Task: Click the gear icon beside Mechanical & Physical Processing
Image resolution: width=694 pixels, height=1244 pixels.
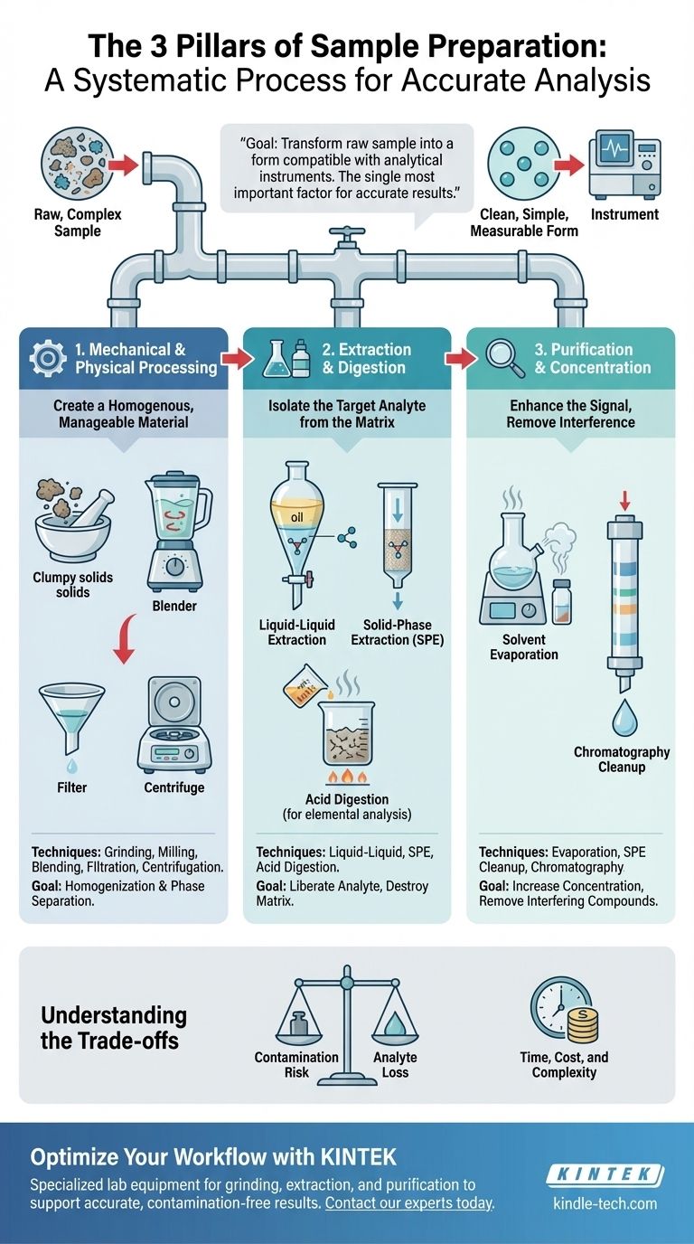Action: point(48,358)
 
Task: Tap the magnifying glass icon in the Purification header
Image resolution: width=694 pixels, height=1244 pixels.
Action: point(504,358)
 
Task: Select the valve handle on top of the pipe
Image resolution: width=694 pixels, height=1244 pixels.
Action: point(346,231)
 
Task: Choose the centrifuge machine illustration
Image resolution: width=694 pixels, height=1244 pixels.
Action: point(174,724)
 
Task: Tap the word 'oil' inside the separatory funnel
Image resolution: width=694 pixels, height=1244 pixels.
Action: point(297,517)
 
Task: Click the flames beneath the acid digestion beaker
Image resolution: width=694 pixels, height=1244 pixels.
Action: point(347,776)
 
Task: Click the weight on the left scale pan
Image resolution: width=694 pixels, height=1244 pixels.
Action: point(300,1020)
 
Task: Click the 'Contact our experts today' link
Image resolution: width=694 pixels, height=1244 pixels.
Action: point(409,1203)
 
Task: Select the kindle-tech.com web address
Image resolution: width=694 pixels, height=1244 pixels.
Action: point(605,1203)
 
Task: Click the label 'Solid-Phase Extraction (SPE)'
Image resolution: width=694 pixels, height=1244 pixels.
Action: point(398,632)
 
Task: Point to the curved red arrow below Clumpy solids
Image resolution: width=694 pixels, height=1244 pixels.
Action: point(125,638)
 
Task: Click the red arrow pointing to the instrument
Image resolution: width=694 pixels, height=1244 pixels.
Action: point(569,165)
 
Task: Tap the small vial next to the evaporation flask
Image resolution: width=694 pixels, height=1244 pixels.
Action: point(562,602)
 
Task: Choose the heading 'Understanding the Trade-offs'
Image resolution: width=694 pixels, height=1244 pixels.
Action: point(113,1027)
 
